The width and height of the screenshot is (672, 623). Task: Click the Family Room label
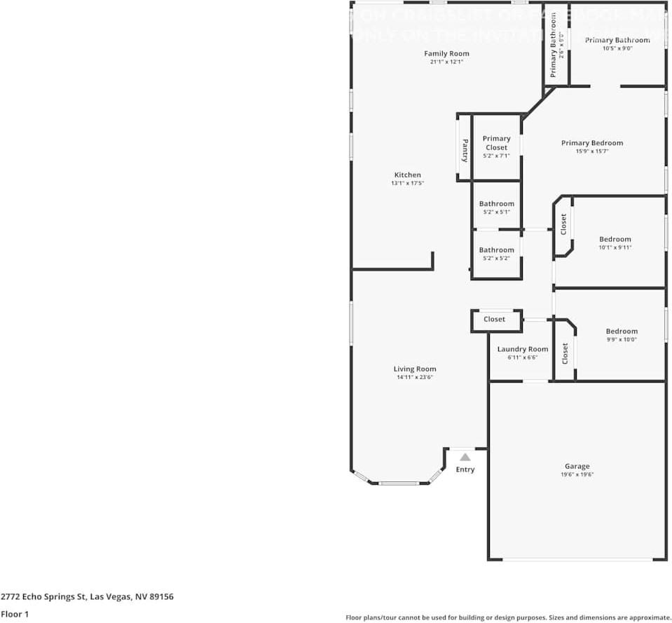[446, 54]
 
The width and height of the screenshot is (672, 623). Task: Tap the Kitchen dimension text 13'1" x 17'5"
[407, 183]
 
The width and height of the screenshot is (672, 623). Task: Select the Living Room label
[415, 369]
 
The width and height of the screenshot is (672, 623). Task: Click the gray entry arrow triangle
[465, 457]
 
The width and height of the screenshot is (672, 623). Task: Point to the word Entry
[465, 470]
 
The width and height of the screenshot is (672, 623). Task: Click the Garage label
[577, 466]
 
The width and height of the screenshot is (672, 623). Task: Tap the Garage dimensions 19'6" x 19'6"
[577, 475]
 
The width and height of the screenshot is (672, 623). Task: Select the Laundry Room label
[523, 349]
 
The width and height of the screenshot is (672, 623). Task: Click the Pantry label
[464, 149]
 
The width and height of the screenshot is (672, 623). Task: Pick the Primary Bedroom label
[591, 143]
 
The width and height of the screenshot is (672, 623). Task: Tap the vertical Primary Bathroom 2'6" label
[553, 46]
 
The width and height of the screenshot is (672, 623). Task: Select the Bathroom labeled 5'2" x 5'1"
[496, 204]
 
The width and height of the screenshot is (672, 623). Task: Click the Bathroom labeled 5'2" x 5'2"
[496, 250]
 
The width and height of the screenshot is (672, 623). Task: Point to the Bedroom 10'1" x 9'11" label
[615, 239]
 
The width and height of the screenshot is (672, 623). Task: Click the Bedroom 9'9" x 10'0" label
[622, 331]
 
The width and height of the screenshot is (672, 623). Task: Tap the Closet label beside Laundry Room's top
[494, 320]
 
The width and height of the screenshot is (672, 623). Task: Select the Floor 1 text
[15, 614]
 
